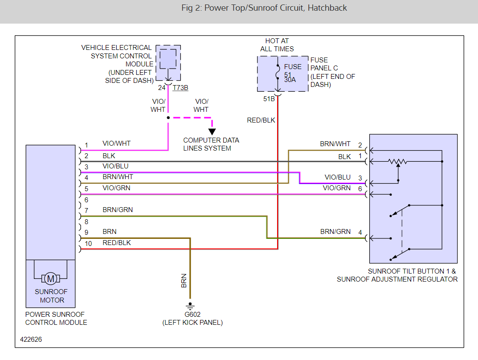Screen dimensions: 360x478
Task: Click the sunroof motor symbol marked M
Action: click(51, 279)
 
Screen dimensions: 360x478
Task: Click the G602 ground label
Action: click(192, 315)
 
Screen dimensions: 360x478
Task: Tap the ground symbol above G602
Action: click(190, 306)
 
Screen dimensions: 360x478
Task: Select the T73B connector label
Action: click(180, 88)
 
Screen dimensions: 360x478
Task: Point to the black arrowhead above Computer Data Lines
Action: click(212, 131)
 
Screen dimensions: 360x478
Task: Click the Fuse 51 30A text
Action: click(293, 73)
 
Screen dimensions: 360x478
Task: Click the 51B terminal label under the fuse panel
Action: click(269, 98)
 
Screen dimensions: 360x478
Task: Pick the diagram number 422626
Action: click(31, 340)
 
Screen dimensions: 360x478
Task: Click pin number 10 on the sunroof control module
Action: click(88, 243)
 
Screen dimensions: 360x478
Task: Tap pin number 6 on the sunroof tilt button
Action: click(360, 189)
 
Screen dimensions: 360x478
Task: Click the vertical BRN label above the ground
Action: click(184, 281)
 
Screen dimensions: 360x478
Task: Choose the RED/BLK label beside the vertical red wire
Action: click(261, 120)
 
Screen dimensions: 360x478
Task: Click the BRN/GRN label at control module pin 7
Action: click(118, 210)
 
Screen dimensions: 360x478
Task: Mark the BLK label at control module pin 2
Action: click(109, 156)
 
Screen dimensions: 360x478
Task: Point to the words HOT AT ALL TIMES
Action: click(277, 45)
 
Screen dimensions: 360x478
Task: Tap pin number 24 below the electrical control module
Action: click(162, 88)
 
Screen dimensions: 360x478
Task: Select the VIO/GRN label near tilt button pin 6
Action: click(337, 188)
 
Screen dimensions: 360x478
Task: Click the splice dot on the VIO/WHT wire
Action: click(168, 118)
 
